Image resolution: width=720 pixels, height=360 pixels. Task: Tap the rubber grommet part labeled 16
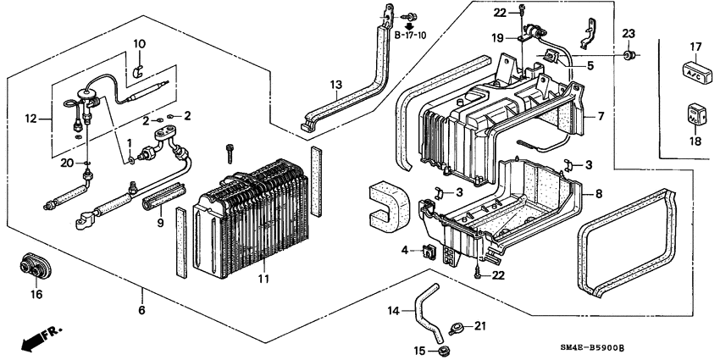[x=34, y=266]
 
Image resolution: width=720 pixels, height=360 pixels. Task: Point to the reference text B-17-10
[x=412, y=36]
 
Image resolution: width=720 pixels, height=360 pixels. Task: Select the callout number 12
[x=32, y=120]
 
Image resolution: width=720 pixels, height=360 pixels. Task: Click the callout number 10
[x=140, y=43]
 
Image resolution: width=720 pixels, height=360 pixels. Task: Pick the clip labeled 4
[x=428, y=250]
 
